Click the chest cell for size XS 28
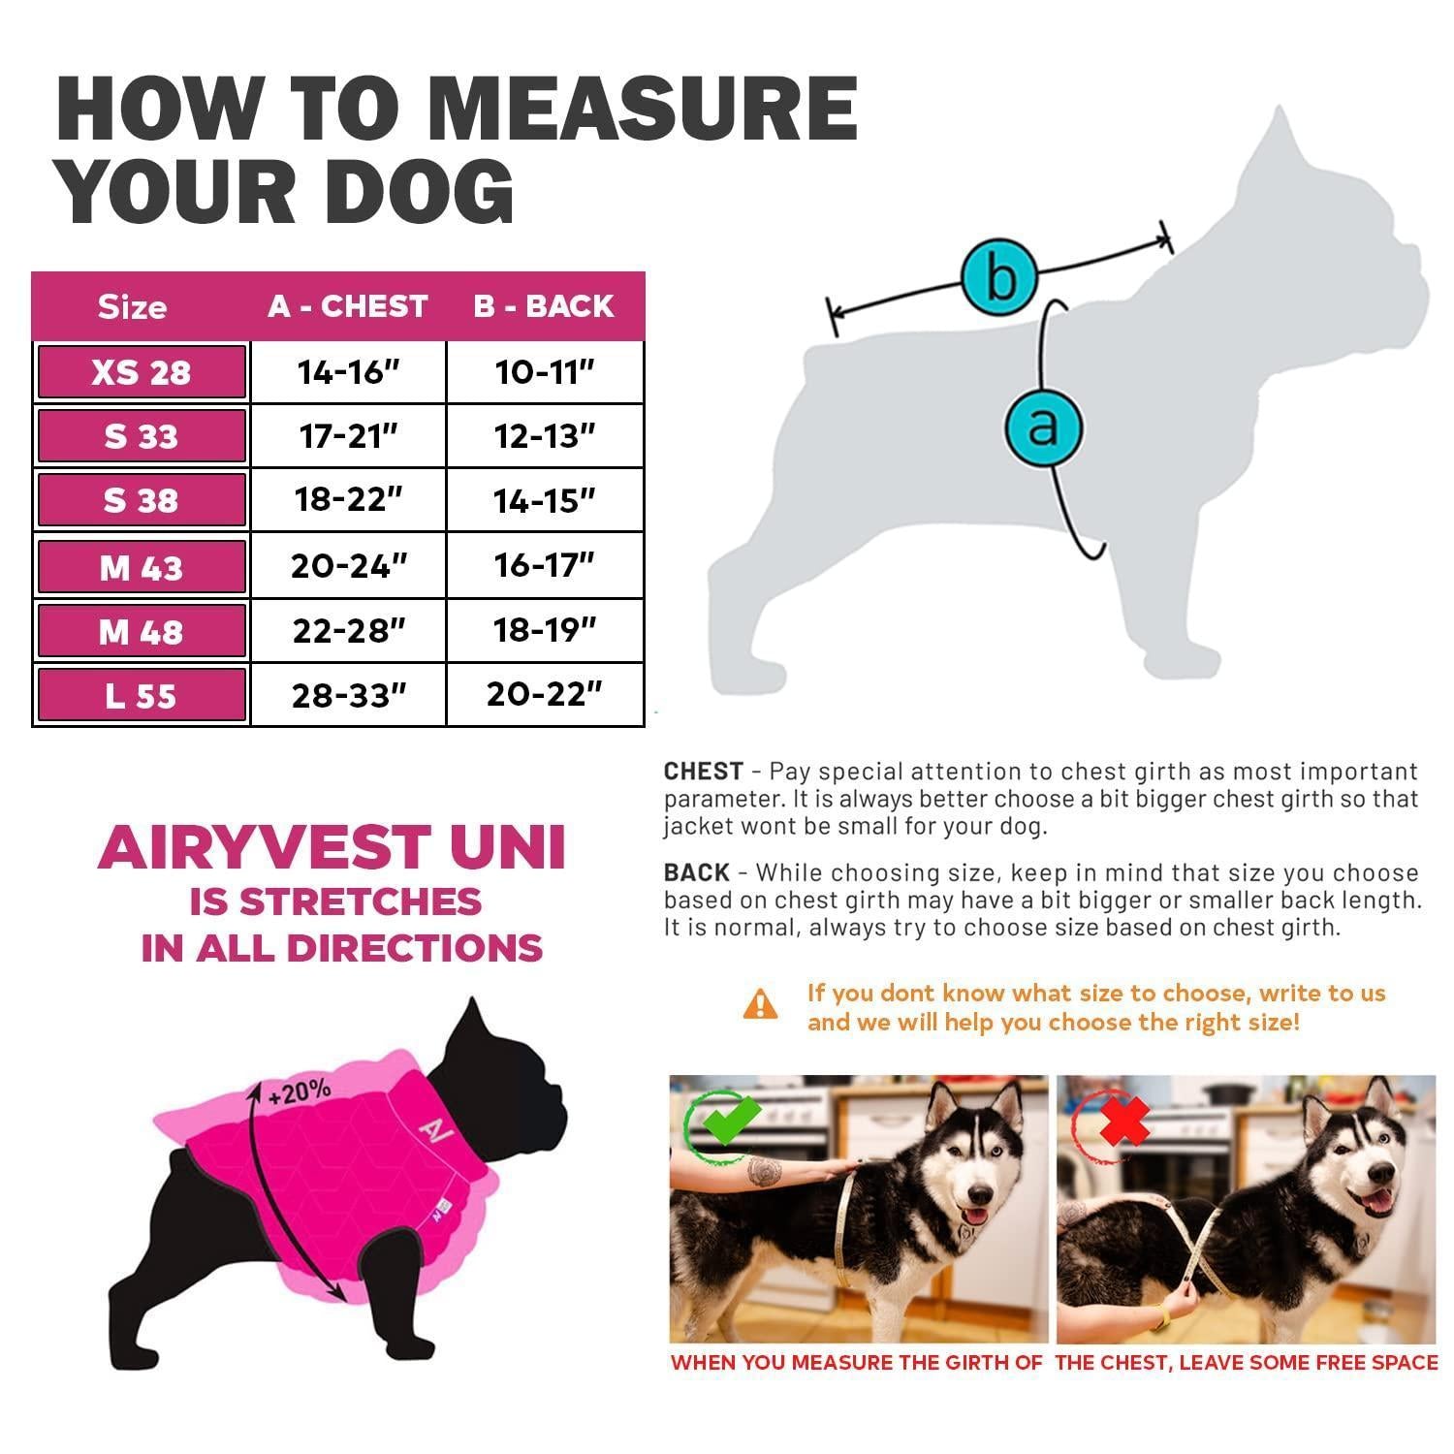point(348,372)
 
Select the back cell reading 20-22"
point(545,694)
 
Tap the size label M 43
point(142,567)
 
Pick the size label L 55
point(142,695)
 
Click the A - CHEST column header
point(347,306)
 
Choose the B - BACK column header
point(544,306)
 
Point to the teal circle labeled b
point(1000,276)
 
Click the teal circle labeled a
point(1043,426)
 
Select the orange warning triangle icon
point(760,1004)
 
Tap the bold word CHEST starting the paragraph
point(704,772)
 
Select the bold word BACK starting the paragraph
point(697,872)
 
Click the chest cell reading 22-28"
point(348,631)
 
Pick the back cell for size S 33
point(545,436)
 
